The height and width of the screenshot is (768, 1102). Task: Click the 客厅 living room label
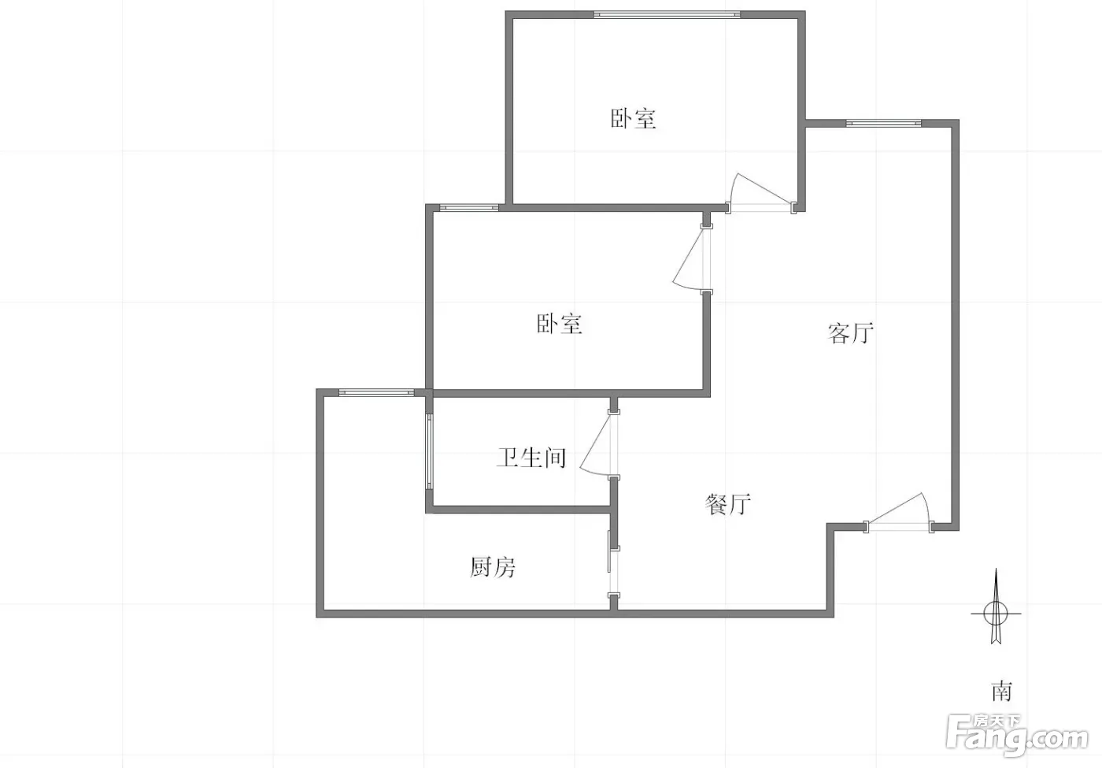tap(851, 333)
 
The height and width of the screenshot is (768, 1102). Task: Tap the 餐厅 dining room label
tap(727, 503)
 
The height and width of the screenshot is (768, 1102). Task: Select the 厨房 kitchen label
tap(493, 567)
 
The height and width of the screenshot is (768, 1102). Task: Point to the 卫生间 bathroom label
tap(531, 458)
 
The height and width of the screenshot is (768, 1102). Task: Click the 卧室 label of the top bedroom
tap(633, 119)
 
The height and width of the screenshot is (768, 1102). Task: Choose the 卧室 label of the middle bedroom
tap(560, 324)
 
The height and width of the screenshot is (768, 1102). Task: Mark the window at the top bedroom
tap(667, 14)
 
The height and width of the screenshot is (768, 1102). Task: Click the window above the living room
tap(883, 123)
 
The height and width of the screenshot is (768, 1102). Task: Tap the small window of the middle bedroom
tap(469, 207)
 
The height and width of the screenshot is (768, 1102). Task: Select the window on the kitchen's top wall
tap(377, 392)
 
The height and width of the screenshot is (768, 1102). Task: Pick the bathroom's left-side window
tap(429, 451)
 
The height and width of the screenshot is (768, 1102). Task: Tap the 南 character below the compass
tap(1001, 692)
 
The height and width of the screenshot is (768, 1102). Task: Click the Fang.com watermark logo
tap(1017, 736)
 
